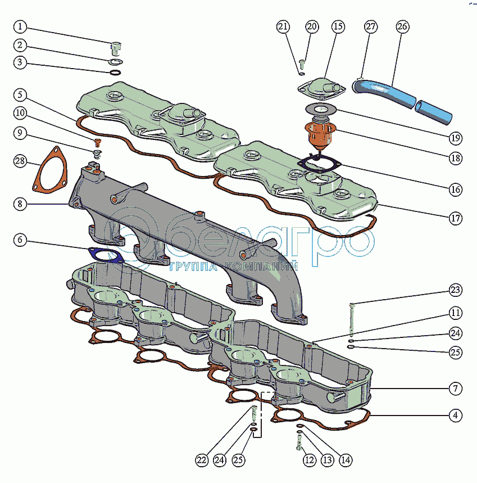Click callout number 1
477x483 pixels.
point(20,27)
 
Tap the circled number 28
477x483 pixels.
point(21,162)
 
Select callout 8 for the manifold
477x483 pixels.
point(20,204)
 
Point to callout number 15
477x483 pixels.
point(338,27)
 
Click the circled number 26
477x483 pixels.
point(402,26)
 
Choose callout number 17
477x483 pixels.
point(455,218)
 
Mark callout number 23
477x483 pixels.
point(455,290)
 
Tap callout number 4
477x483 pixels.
point(455,416)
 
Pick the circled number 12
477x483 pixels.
point(309,460)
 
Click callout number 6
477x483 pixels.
point(20,240)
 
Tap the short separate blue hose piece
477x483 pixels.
point(434,110)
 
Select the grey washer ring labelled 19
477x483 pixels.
point(321,110)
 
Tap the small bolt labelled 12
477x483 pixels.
point(298,446)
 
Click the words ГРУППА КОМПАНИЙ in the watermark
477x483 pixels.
point(233,267)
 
